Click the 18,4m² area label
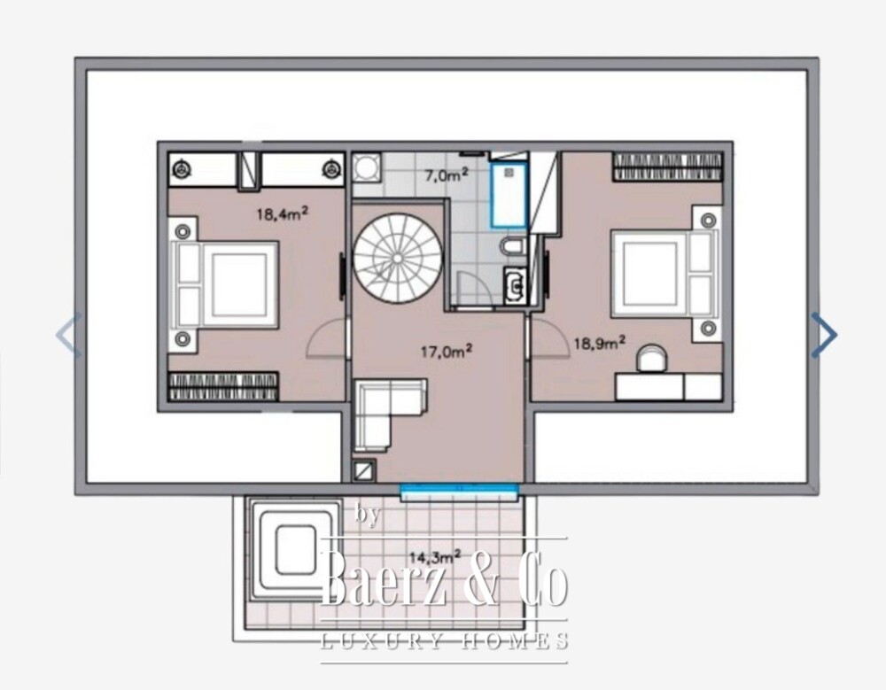tap(283, 213)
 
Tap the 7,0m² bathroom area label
tap(447, 174)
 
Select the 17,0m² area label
tap(447, 352)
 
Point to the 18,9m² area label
tap(600, 343)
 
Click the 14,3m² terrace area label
tap(435, 556)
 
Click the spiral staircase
tap(398, 259)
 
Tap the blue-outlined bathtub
tap(509, 195)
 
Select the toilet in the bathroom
tap(513, 246)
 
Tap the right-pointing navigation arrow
tap(824, 335)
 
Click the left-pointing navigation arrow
tap(69, 335)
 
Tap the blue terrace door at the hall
tap(459, 492)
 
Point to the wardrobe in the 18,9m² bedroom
tap(667, 167)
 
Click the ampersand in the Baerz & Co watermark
tap(482, 577)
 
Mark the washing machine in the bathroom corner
tap(367, 167)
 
